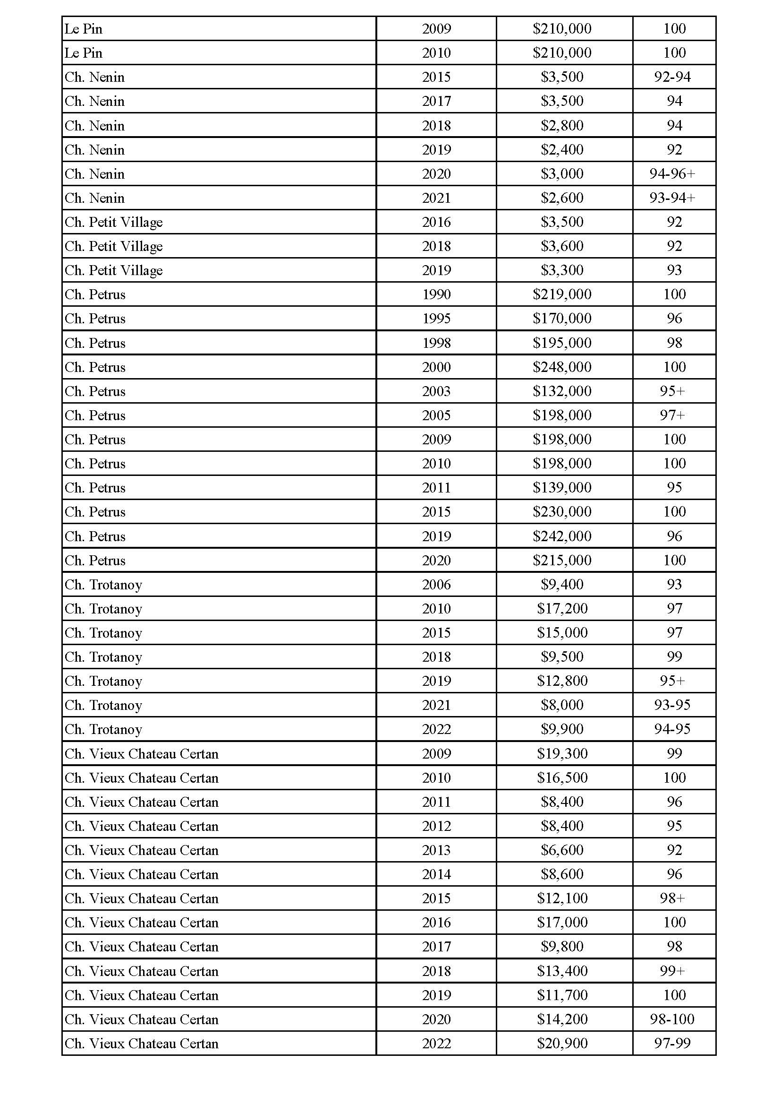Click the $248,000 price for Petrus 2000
point(562,367)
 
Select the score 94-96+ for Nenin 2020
point(672,174)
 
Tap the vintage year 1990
point(436,294)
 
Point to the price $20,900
point(562,1044)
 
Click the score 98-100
point(672,1019)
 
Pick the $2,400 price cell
point(562,150)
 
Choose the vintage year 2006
point(436,585)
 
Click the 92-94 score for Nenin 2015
point(672,77)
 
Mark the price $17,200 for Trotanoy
point(562,609)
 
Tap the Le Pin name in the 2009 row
point(84,29)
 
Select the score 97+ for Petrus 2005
point(672,415)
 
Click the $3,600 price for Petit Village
point(562,246)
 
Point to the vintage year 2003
point(436,391)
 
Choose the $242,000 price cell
point(562,536)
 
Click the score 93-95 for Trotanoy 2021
point(672,705)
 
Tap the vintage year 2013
point(436,850)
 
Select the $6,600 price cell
point(562,850)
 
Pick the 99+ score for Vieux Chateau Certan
point(672,971)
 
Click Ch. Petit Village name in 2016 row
point(114,222)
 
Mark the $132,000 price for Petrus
point(562,391)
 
